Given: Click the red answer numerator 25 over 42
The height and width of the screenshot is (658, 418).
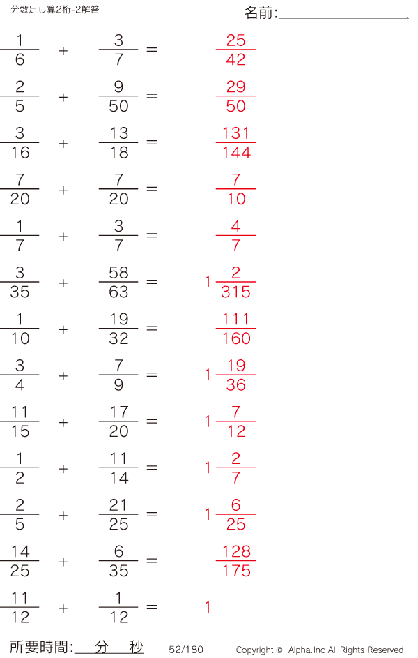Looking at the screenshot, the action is coord(235,40).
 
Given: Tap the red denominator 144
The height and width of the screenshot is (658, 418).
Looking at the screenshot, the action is coord(236,152).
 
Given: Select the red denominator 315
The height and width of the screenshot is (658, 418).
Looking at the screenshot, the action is coord(235,292).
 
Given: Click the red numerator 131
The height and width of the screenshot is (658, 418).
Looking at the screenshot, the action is coord(235,133).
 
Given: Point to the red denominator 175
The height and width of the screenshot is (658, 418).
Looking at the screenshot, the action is coord(236,571).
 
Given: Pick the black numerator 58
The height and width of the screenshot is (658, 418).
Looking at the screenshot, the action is coord(118,273).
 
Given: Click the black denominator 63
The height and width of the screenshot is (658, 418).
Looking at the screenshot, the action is coord(118,292).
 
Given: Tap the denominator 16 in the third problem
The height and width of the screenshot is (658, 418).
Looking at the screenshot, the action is coord(20,152).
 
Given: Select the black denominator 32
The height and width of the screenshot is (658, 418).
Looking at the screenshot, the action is coord(118,338).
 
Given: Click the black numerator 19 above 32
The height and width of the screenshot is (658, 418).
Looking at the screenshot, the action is coord(119,320).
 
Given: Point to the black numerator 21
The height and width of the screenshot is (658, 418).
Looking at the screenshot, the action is coord(118,505).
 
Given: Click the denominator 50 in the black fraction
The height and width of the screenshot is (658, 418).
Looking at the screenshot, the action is coord(118,106).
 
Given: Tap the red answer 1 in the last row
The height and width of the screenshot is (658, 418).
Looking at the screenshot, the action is coord(208,607).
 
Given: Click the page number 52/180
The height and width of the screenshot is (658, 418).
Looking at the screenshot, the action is coord(186,650).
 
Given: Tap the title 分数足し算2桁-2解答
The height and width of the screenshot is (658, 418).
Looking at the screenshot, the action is coord(55,10).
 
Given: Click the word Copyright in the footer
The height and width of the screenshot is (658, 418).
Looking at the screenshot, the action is coord(255,650).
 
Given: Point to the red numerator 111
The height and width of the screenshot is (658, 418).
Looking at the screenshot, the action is coord(235,320).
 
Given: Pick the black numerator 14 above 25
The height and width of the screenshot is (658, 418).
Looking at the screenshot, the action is coord(20,552).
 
